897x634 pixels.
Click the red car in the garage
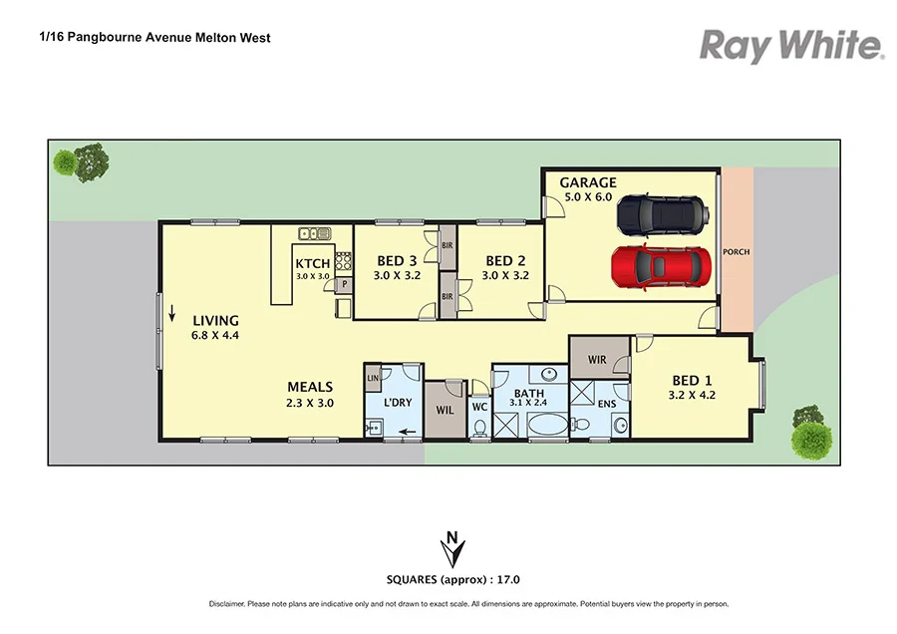coord(656,264)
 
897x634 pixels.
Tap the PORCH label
coord(736,252)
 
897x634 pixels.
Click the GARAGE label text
coord(587,182)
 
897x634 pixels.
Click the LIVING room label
coord(215,320)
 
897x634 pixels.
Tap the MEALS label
coord(310,387)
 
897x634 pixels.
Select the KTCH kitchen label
coord(312,263)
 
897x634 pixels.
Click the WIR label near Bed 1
coord(597,359)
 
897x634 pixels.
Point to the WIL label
coord(445,409)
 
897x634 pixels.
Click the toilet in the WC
coord(479,429)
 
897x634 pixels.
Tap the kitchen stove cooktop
coord(344,261)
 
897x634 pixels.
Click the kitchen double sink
coord(316,234)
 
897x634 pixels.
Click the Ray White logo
coord(791,46)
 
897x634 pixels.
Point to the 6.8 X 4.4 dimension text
coord(215,336)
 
